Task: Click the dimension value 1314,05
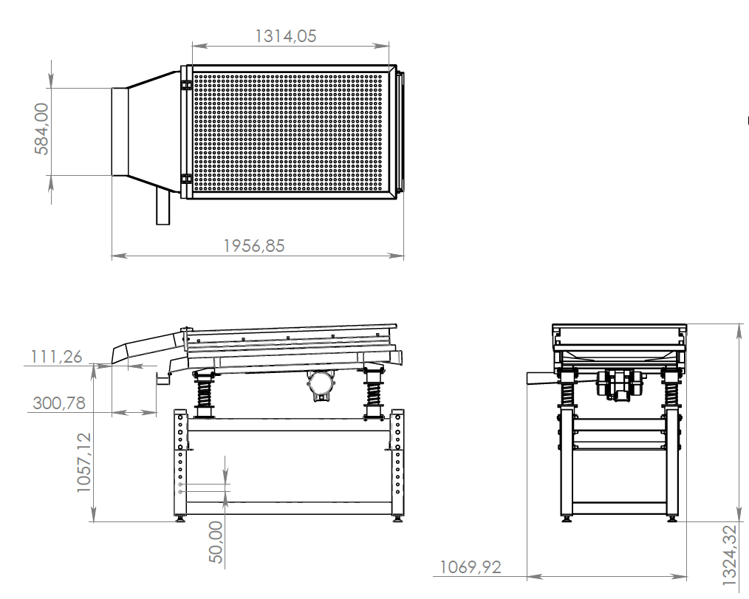coord(286,36)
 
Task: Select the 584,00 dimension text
coord(42,129)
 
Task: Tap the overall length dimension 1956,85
coord(254,246)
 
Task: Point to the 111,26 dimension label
coord(56,357)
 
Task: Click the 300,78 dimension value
coord(59,403)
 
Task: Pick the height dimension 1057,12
coord(83,462)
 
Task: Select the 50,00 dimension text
coord(216,542)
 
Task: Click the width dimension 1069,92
coord(471,567)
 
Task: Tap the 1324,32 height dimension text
coord(729,555)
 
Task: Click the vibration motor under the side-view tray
coord(321,385)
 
